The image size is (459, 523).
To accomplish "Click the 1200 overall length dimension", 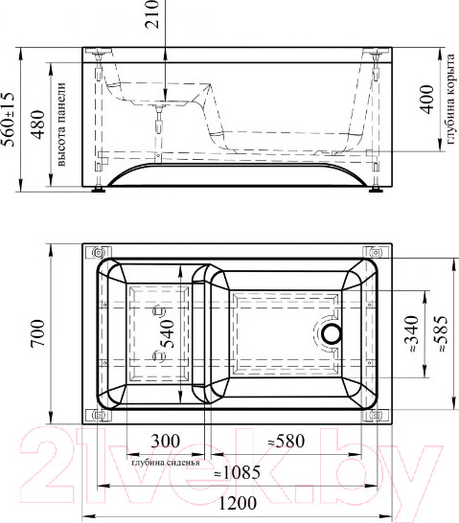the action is click(x=238, y=503).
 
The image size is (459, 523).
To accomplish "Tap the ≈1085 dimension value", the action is click(x=237, y=472).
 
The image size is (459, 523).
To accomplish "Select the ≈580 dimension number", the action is click(x=287, y=441).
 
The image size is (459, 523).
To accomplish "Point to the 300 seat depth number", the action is click(x=166, y=441).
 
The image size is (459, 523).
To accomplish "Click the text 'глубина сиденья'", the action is click(x=166, y=463).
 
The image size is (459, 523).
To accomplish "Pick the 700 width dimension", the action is click(x=37, y=334).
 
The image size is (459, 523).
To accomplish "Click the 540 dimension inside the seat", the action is click(x=167, y=334).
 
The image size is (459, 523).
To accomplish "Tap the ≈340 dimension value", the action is click(x=413, y=334).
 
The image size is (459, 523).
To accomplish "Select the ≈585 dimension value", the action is click(x=442, y=334).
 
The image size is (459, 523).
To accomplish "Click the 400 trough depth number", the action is click(x=426, y=99).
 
